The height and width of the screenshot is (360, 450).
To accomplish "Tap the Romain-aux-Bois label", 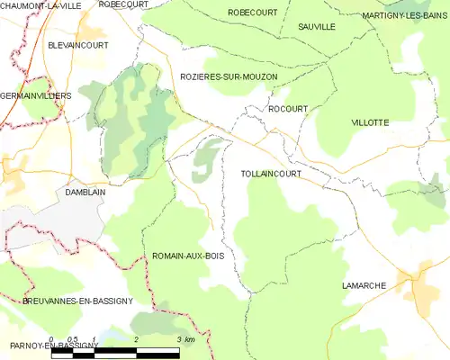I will pyautogui.click(x=188, y=256).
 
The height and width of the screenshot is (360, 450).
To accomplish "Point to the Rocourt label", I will pyautogui.click(x=288, y=109).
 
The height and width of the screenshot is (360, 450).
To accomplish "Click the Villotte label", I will pyautogui.click(x=370, y=121).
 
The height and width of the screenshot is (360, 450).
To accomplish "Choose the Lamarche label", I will pyautogui.click(x=364, y=285).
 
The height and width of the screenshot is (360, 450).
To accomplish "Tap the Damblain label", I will pyautogui.click(x=86, y=192).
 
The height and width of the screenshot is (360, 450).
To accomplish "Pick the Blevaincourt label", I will pyautogui.click(x=77, y=44).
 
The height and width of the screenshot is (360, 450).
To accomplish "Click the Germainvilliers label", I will pyautogui.click(x=36, y=94).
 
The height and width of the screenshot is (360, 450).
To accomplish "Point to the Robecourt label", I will pyautogui.click(x=253, y=12).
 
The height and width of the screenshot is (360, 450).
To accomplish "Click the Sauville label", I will pyautogui.click(x=317, y=28).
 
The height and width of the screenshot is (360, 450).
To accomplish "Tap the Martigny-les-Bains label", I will pyautogui.click(x=405, y=17).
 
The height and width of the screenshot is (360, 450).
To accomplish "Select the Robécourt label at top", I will pyautogui.click(x=123, y=4).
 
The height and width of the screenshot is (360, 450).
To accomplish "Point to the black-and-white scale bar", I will pyautogui.click(x=121, y=352).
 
